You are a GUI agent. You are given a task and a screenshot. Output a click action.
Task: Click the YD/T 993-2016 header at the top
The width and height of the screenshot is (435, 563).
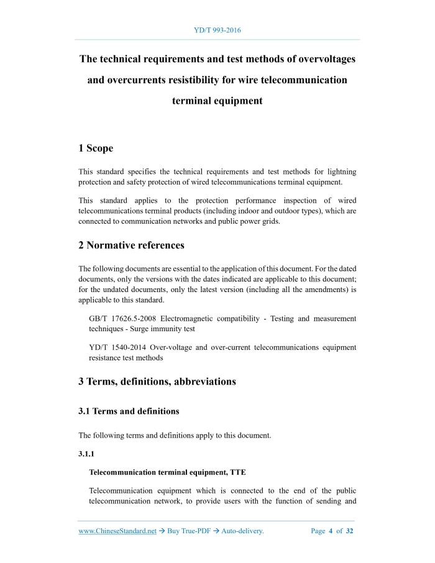[217, 30]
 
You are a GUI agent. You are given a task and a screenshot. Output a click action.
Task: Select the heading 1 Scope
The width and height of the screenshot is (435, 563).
[96, 148]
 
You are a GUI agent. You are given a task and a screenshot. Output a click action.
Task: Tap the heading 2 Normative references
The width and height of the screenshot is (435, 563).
[131, 245]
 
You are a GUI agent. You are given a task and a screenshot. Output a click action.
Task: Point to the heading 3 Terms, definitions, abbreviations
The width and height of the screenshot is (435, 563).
[157, 382]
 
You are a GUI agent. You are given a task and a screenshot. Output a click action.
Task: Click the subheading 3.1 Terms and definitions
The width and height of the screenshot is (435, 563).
[129, 411]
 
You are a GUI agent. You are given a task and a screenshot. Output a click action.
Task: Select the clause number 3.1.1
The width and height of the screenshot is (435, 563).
[87, 454]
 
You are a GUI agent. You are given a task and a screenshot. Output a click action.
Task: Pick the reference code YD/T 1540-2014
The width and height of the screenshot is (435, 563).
[118, 347]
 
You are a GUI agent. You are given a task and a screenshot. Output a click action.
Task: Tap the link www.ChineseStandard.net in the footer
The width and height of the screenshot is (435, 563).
[117, 531]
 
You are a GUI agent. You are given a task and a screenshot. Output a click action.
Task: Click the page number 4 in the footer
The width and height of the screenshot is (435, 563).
[331, 531]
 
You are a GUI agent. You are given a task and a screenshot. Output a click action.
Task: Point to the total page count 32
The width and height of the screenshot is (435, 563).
[350, 531]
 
